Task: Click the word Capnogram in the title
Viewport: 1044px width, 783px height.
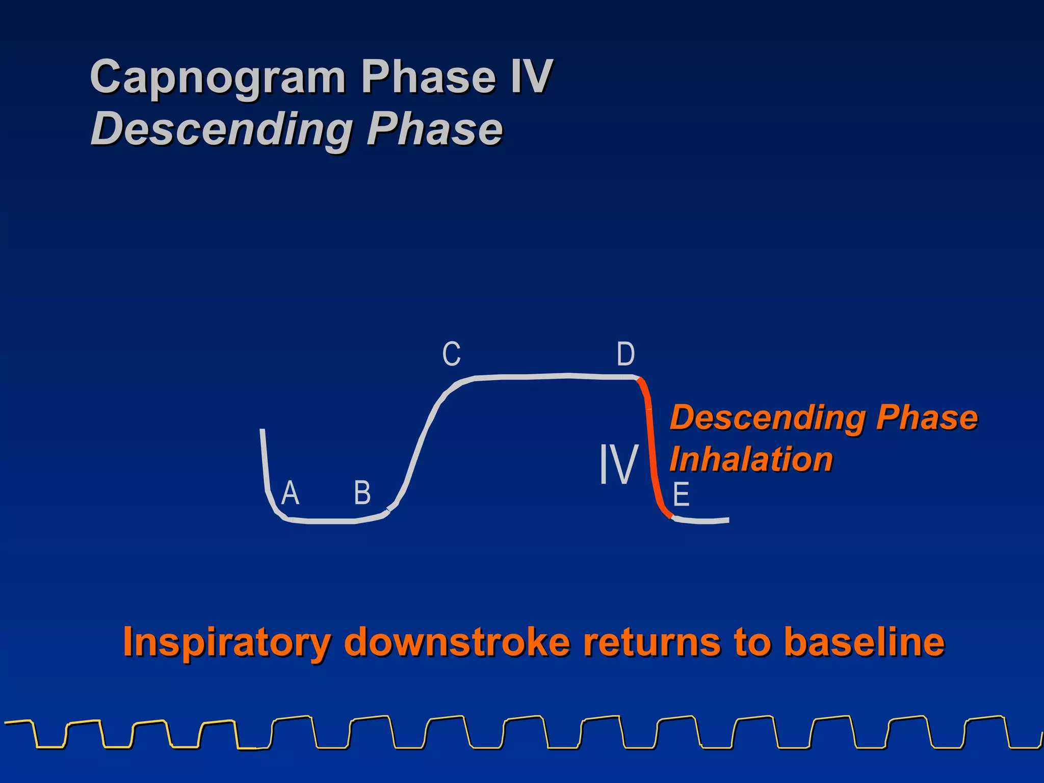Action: coord(218,77)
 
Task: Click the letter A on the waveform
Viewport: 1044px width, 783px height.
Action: coord(290,493)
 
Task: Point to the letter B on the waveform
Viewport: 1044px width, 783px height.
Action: coord(362,493)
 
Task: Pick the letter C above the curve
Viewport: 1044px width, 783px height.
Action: coord(451,354)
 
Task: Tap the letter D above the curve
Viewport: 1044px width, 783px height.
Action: coord(625,354)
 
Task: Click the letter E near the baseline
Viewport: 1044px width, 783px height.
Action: coord(681,494)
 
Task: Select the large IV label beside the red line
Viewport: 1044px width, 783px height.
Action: coord(618,464)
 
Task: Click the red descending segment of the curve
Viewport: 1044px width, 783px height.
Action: coord(651,449)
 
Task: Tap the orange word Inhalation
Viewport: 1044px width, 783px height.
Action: coord(751,459)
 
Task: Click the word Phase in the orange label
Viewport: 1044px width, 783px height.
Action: coord(926,417)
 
